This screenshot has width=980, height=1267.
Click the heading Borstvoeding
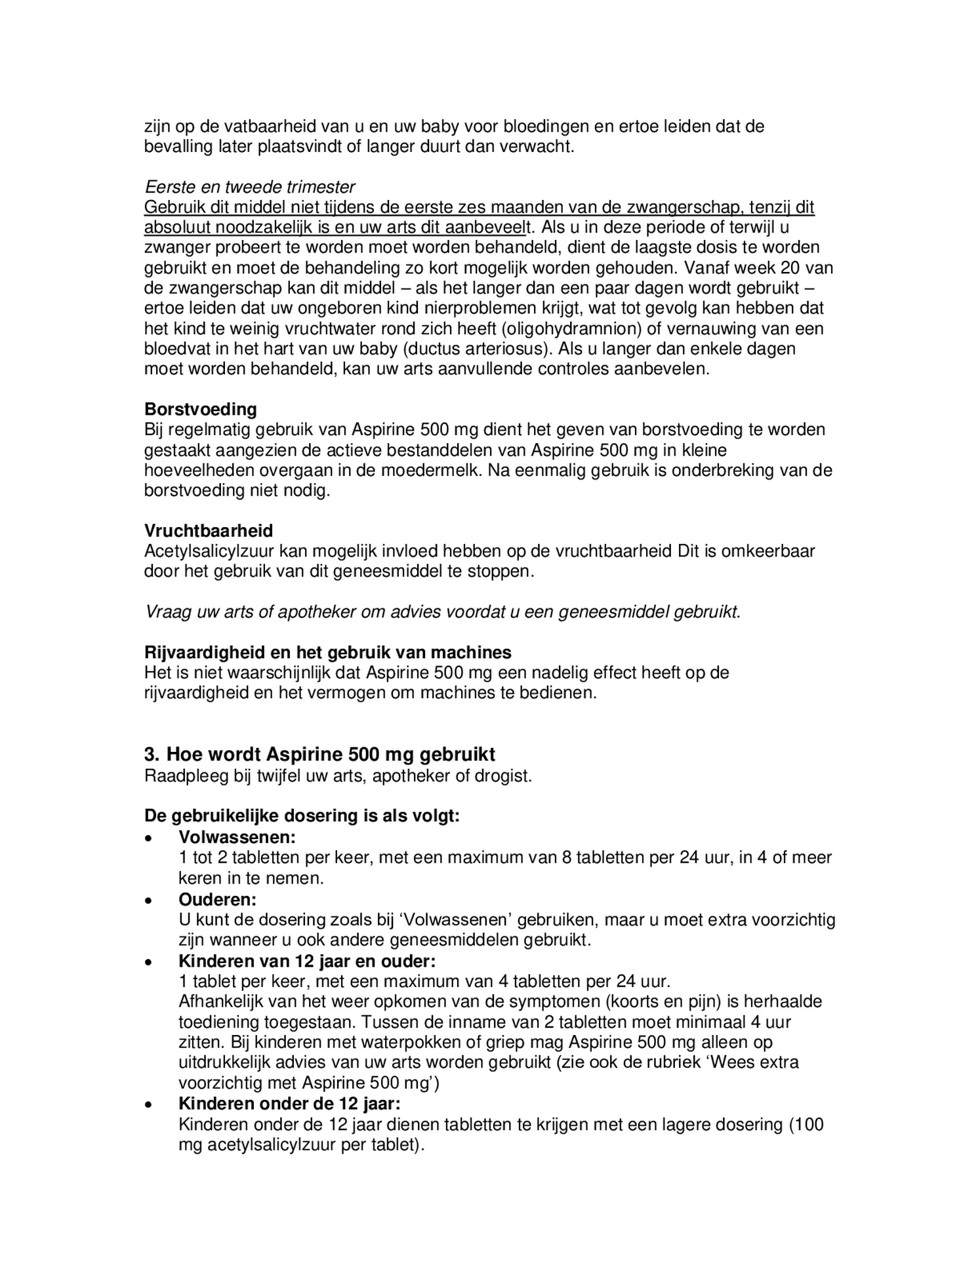(x=200, y=409)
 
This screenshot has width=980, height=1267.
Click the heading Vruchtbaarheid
(x=209, y=530)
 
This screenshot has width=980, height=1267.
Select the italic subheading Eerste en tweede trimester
(x=250, y=187)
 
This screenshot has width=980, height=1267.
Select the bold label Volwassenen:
(x=237, y=837)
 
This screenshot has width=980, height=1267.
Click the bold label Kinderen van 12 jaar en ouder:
(x=307, y=961)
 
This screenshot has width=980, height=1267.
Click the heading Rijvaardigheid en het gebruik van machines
(x=327, y=652)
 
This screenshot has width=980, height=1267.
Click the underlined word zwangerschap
(x=685, y=208)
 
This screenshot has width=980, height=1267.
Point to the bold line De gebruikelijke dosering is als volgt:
(x=302, y=817)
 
